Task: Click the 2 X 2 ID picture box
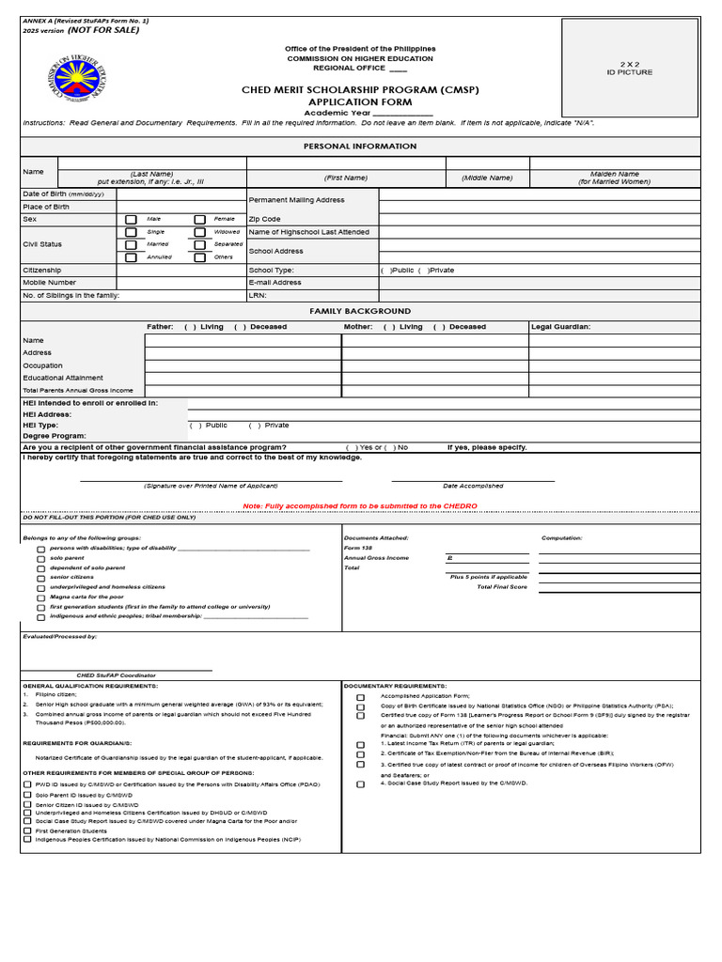tap(629, 68)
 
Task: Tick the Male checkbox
tap(131, 219)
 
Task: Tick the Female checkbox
tap(199, 219)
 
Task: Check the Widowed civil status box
tap(199, 232)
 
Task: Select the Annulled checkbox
tap(131, 257)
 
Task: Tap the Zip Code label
tap(264, 219)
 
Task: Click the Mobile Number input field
tap(180, 282)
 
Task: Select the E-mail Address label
tap(275, 282)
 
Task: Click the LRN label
tap(258, 295)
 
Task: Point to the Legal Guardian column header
tap(560, 327)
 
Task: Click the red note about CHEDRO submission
tap(360, 506)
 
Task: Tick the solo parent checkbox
tap(40, 559)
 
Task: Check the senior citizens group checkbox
tap(40, 578)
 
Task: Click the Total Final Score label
tap(502, 586)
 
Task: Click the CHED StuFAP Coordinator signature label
tap(116, 675)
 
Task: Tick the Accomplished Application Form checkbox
tap(360, 698)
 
